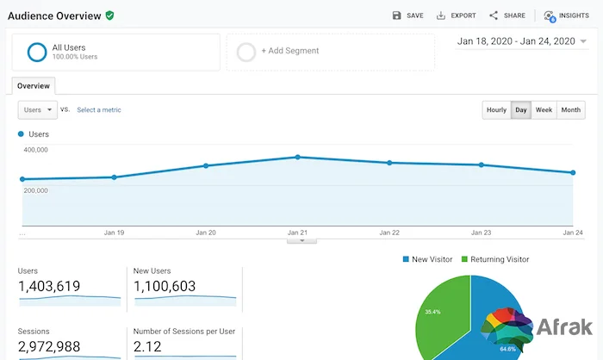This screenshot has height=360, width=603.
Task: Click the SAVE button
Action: pyautogui.click(x=407, y=16)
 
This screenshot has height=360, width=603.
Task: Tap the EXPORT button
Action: pyautogui.click(x=456, y=16)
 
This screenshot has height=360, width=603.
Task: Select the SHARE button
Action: pyautogui.click(x=507, y=16)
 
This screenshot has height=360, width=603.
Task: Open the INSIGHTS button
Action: pyautogui.click(x=567, y=16)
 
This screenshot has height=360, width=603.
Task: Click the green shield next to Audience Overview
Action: pyautogui.click(x=109, y=16)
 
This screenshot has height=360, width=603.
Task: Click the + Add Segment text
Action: pyautogui.click(x=290, y=51)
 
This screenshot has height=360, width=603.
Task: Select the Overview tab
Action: pyautogui.click(x=34, y=86)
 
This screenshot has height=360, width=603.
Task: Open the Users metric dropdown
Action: pyautogui.click(x=38, y=110)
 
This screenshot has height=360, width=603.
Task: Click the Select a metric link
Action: pyautogui.click(x=99, y=110)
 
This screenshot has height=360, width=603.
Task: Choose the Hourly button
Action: pyautogui.click(x=496, y=110)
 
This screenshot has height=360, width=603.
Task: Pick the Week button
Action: pyautogui.click(x=544, y=110)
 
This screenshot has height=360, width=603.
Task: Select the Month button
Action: pyautogui.click(x=570, y=110)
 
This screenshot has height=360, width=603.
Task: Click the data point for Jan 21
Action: pyautogui.click(x=298, y=157)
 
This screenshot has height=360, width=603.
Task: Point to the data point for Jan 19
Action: pyautogui.click(x=115, y=177)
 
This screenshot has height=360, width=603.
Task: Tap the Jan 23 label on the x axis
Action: pyautogui.click(x=481, y=233)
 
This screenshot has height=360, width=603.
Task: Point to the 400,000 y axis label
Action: pyautogui.click(x=36, y=150)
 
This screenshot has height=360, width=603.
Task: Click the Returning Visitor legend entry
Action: pyautogui.click(x=495, y=259)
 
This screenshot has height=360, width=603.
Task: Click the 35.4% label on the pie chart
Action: pyautogui.click(x=432, y=312)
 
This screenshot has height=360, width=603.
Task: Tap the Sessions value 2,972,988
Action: pyautogui.click(x=49, y=346)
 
